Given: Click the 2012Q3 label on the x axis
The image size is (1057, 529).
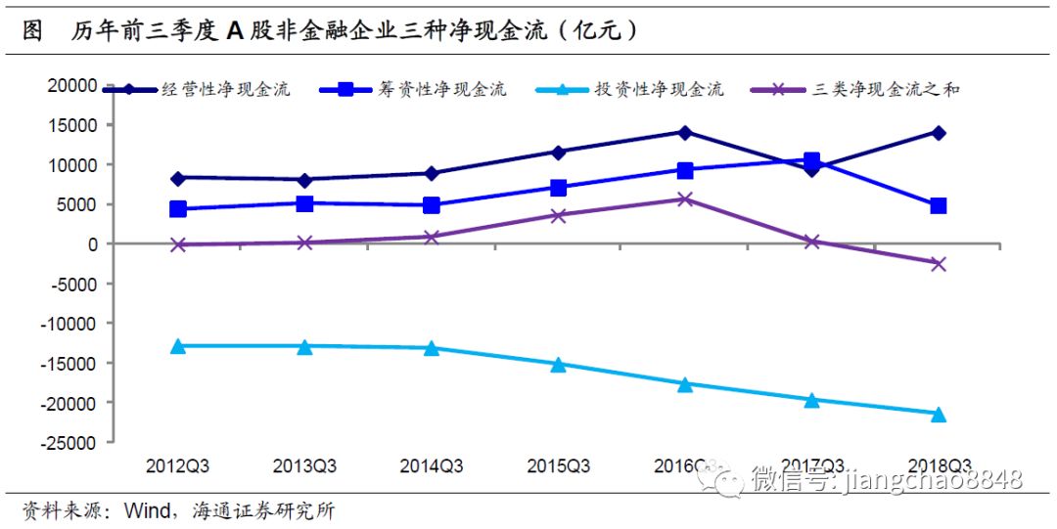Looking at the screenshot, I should [177, 465].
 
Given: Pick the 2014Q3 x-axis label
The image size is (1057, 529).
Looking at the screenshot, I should [431, 465].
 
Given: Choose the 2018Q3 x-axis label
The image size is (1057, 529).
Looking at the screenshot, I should [938, 465].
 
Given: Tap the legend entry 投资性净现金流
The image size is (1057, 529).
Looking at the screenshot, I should [659, 90].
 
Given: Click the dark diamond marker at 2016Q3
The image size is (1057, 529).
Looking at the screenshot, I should [685, 132].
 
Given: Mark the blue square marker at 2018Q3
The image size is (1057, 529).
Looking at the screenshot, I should [938, 205].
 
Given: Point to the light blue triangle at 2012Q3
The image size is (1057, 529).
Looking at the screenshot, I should [178, 345].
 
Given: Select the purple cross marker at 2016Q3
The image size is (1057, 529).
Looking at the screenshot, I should [685, 198].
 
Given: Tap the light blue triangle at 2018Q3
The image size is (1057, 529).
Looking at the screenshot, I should [938, 414].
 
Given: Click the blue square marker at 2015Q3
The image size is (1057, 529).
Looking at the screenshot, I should [558, 187].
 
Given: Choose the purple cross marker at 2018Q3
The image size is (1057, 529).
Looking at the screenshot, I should [938, 263].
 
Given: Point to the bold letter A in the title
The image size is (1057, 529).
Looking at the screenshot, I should [235, 30].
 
